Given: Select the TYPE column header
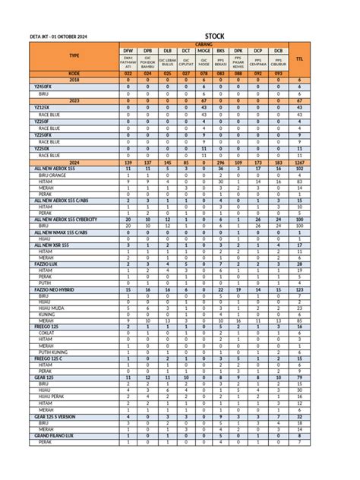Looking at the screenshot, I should pyautogui.click(x=74, y=55).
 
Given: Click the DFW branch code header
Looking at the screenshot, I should pyautogui.click(x=128, y=50).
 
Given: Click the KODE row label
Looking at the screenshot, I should pyautogui.click(x=74, y=73).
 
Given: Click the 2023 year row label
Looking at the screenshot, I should pyautogui.click(x=74, y=99).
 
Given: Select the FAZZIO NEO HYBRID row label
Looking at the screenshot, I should pyautogui.click(x=59, y=289).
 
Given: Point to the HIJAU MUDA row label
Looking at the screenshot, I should pyautogui.click(x=51, y=308).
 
